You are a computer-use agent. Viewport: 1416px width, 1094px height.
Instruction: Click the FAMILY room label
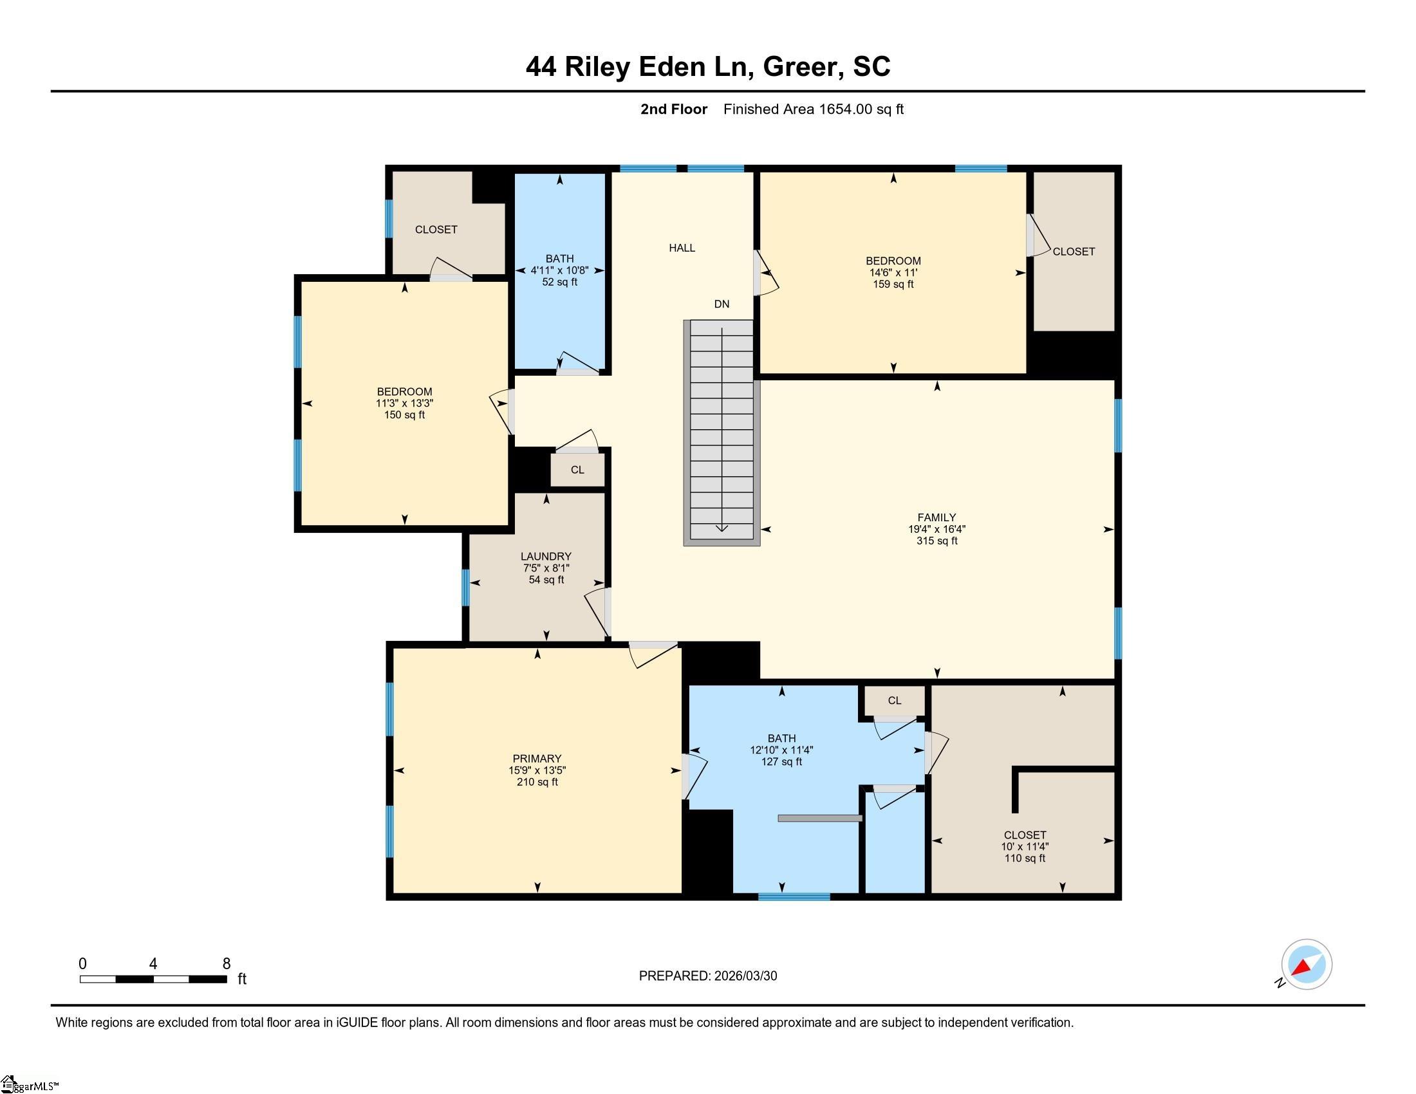936,517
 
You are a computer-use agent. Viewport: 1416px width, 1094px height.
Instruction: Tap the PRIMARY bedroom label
537,758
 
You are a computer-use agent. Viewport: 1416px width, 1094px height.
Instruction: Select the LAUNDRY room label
546,556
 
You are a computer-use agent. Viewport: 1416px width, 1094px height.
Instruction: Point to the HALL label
682,248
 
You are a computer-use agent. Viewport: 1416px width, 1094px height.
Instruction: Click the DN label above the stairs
722,304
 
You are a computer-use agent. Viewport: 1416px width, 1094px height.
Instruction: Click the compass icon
1306,964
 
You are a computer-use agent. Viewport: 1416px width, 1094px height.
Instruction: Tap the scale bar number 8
227,964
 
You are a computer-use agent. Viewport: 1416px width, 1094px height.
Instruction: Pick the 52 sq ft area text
559,282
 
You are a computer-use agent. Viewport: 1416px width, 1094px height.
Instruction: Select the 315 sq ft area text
937,541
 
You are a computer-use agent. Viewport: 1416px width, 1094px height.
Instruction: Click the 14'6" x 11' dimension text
893,273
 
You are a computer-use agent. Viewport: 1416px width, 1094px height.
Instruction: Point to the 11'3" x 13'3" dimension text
405,403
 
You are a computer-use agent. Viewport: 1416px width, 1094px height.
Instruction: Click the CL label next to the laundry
578,470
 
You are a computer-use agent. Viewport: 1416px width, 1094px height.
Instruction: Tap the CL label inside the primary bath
895,700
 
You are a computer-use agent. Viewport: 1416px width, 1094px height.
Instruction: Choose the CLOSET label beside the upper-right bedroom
1074,252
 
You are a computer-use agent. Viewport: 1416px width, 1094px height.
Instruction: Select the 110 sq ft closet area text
1025,858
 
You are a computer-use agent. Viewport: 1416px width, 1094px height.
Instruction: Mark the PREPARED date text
708,976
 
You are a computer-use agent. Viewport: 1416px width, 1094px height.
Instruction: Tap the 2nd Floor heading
674,109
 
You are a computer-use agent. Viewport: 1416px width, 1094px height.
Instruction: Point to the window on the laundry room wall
465,587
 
